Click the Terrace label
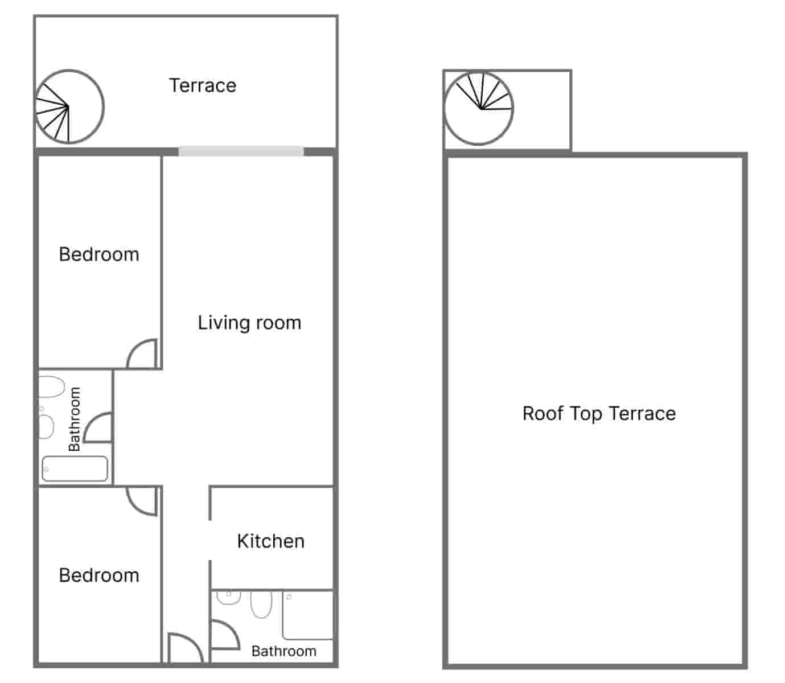[203, 85]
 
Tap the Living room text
[249, 323]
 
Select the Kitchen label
[270, 541]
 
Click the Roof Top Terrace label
[599, 413]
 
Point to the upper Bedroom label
[99, 254]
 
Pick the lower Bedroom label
[99, 575]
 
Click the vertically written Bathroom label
[75, 419]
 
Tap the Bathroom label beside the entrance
[283, 651]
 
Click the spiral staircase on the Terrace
[69, 106]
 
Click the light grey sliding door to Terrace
[241, 151]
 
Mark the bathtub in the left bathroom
[75, 468]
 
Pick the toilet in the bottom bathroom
[261, 604]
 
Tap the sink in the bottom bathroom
[229, 597]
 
